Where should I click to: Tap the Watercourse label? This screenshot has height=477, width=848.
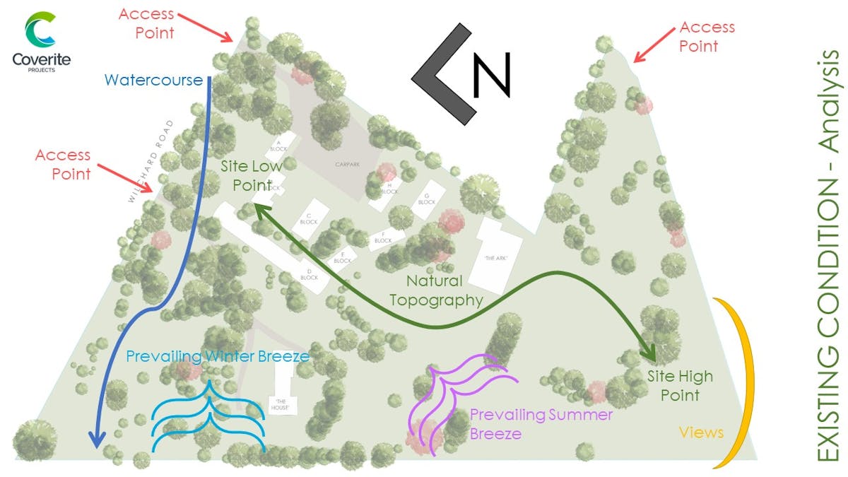153,79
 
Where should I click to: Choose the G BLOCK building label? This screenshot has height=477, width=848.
426,199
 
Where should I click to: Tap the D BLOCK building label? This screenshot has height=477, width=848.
309,273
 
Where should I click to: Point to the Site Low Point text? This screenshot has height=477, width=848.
251,176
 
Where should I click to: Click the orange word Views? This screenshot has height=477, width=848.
701,432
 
